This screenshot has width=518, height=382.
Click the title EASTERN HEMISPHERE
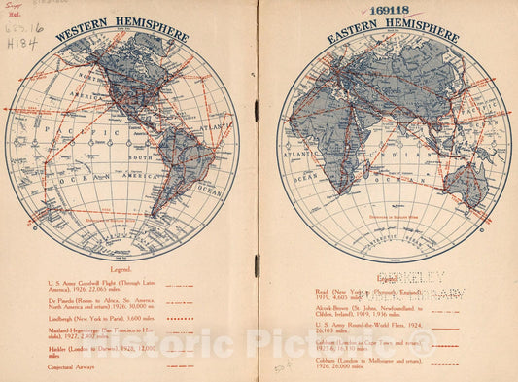[x=392, y=29]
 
